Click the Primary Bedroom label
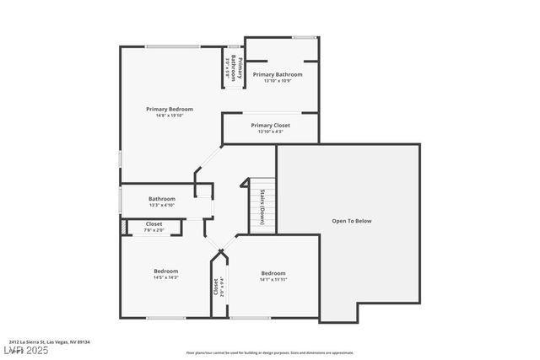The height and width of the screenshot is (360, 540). tap(169, 109)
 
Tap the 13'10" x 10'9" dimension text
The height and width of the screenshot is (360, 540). tap(283, 81)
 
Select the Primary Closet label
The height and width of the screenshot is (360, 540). tap(271, 125)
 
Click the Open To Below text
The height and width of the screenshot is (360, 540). tap(351, 221)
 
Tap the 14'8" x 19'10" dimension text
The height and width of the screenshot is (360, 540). tap(169, 116)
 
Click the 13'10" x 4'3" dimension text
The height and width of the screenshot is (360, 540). tap(271, 132)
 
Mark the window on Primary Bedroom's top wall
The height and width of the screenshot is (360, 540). tap(172, 46)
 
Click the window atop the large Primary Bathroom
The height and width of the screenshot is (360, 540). tap(305, 37)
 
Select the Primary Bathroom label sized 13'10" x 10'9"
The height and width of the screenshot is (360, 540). tap(283, 74)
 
